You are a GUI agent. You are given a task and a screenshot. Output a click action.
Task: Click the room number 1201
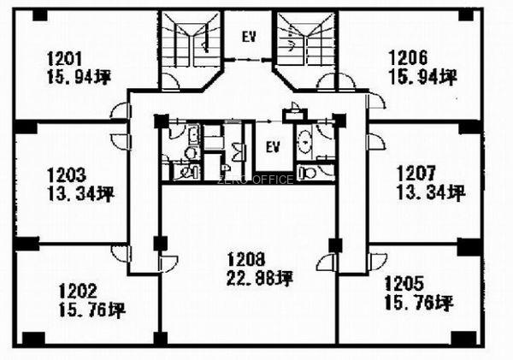(x=64, y=59)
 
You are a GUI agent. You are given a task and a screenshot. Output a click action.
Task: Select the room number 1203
(x=67, y=174)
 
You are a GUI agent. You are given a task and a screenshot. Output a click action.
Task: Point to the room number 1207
(x=416, y=173)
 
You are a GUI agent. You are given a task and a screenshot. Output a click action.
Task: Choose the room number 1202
(x=78, y=291)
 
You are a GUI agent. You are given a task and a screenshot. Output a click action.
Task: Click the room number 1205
(x=404, y=283)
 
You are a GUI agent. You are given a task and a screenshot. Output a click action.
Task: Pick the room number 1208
(x=246, y=259)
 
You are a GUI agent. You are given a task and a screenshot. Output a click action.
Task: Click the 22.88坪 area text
(x=260, y=279)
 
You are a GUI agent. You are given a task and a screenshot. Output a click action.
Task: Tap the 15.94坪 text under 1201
(x=80, y=78)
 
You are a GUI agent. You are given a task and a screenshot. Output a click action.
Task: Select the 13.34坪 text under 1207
(x=431, y=192)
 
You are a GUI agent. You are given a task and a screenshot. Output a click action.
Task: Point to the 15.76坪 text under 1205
(x=419, y=303)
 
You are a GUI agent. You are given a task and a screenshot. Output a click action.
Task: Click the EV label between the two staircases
(x=249, y=37)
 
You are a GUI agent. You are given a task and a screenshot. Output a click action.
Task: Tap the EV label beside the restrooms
(x=273, y=147)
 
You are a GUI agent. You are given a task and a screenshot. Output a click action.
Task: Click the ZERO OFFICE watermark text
(x=255, y=180)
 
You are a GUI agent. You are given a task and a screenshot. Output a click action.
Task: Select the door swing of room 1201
(x=120, y=110)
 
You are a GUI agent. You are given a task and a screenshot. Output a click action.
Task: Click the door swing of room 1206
(x=375, y=101)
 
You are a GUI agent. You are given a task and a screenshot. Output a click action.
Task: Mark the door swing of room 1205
(x=377, y=262)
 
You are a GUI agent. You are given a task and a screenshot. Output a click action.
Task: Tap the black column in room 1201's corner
(x=40, y=15)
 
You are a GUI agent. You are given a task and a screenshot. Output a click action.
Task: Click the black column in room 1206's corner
(x=466, y=15)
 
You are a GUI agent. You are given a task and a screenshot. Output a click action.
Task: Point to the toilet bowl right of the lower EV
(x=308, y=172)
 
